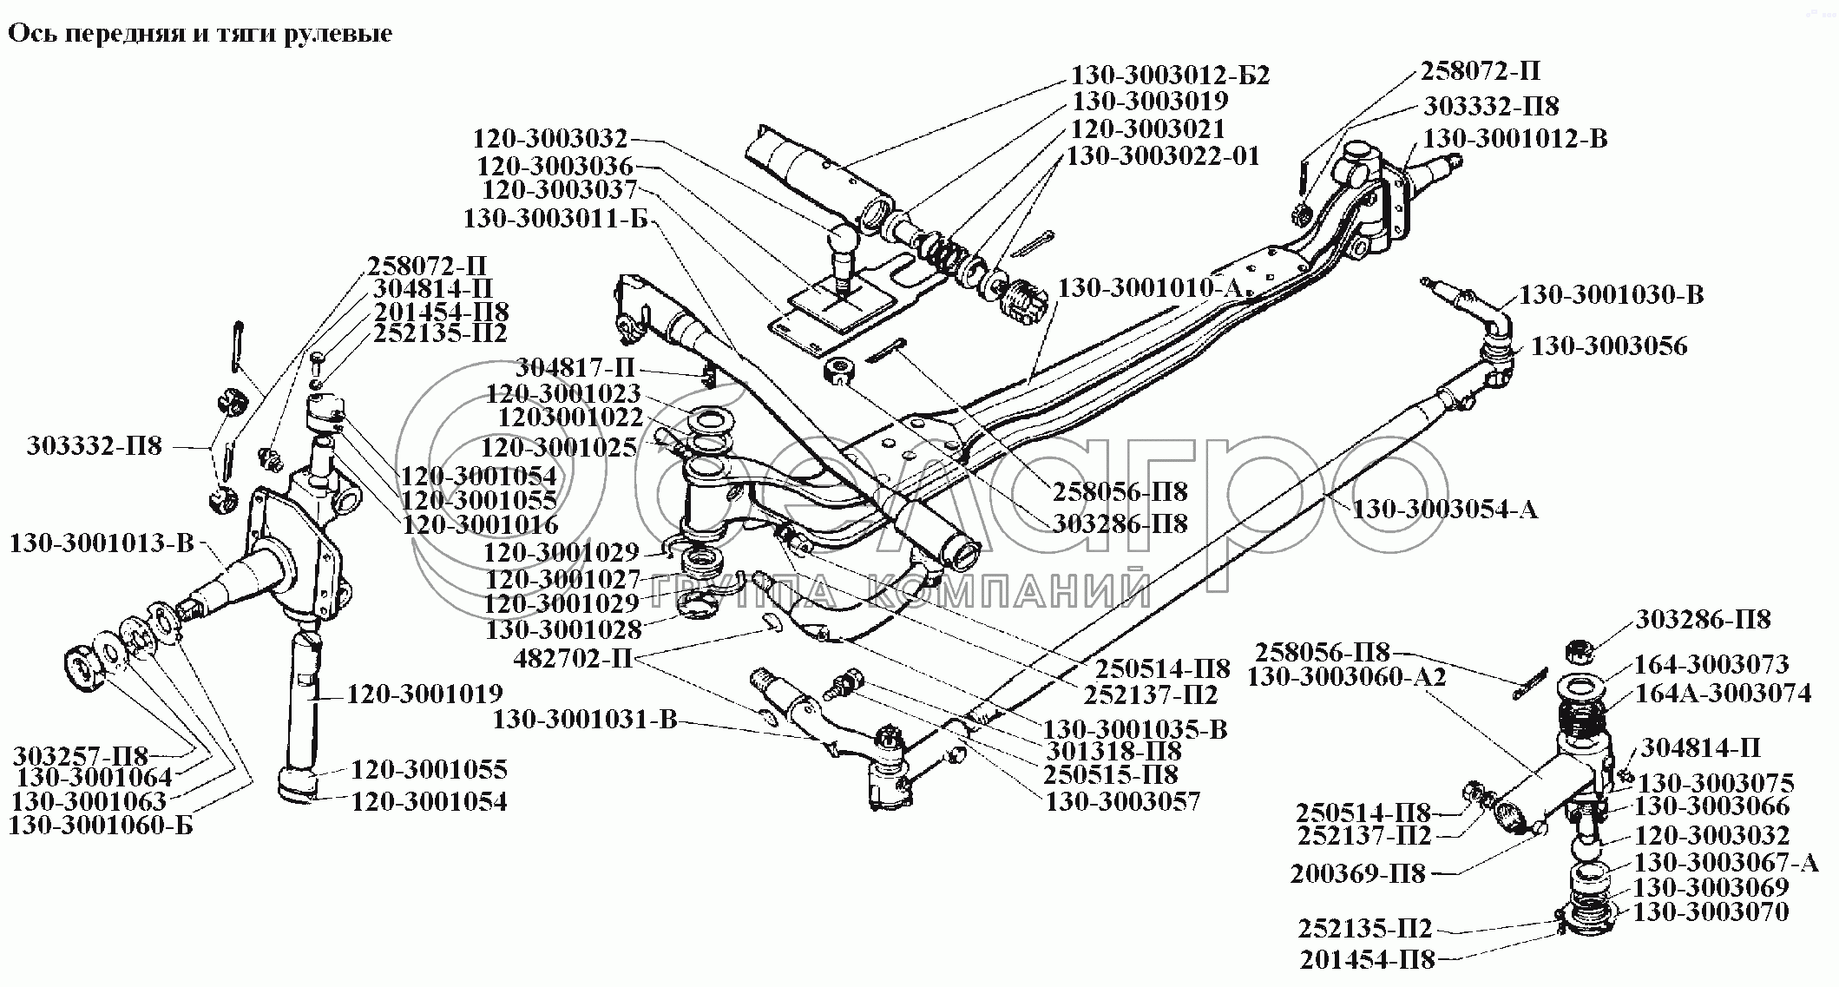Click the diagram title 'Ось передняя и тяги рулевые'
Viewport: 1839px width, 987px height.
tap(200, 34)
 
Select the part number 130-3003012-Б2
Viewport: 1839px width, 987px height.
tap(1171, 76)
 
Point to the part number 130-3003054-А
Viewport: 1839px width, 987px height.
tap(1444, 509)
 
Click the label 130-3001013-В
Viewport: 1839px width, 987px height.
tap(102, 544)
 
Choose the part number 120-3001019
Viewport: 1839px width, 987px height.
tap(425, 694)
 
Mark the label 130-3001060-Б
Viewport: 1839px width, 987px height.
tap(101, 826)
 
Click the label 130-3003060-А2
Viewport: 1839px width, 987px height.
tap(1347, 677)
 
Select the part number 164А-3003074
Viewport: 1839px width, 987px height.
tap(1723, 694)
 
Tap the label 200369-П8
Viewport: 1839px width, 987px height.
tap(1357, 874)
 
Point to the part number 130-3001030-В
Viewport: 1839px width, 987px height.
tap(1611, 295)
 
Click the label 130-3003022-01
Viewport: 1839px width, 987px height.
tap(1163, 156)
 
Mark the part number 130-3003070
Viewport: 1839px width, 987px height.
tap(1711, 912)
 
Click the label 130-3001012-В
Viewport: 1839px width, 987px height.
tap(1515, 139)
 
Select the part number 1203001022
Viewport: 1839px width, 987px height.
tap(570, 418)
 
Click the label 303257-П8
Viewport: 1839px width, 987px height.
tap(81, 755)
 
